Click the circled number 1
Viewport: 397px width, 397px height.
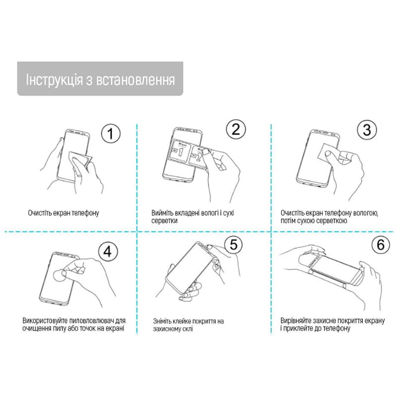pyautogui.click(x=111, y=133)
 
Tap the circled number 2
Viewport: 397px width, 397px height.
pyautogui.click(x=236, y=129)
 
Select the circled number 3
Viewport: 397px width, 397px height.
pyautogui.click(x=367, y=130)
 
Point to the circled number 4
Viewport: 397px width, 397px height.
pyautogui.click(x=108, y=252)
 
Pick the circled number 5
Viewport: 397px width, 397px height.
pyautogui.click(x=233, y=245)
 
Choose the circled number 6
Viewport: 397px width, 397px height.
pyautogui.click(x=381, y=245)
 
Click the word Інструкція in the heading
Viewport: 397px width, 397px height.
pyautogui.click(x=55, y=79)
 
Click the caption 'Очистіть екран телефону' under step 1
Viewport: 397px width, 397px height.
pyautogui.click(x=64, y=213)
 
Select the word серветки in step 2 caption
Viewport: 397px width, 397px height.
pyautogui.click(x=164, y=221)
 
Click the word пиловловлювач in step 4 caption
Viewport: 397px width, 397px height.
pyautogui.click(x=91, y=321)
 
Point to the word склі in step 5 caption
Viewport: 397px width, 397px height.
pyautogui.click(x=187, y=329)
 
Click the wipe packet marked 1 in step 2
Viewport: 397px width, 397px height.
pyautogui.click(x=181, y=151)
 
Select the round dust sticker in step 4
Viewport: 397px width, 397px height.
pyautogui.click(x=60, y=275)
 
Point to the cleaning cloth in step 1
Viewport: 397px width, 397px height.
pyautogui.click(x=80, y=159)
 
